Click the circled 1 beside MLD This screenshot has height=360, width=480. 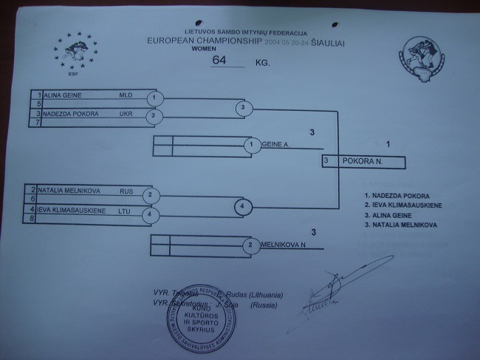tap(152, 98)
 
